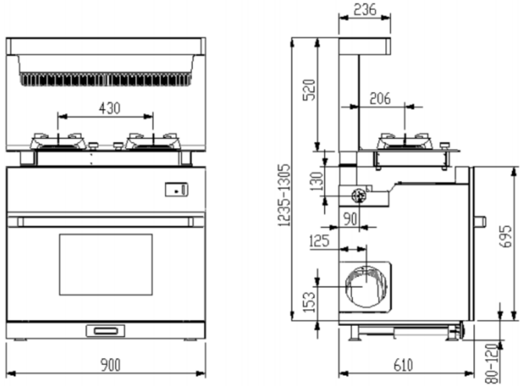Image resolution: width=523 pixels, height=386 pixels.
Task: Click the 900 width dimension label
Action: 111,365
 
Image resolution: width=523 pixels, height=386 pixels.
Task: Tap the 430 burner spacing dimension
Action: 109,108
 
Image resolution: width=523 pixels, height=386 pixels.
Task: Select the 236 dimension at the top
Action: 365,9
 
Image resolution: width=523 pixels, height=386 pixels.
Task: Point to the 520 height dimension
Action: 309,90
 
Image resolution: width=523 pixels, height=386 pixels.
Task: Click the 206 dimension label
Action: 380,98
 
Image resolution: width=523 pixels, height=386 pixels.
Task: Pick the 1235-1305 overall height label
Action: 284,195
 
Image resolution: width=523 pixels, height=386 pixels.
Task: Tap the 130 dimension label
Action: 316,181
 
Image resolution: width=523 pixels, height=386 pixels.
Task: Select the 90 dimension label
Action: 350,219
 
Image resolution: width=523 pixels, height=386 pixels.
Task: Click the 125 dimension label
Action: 319,241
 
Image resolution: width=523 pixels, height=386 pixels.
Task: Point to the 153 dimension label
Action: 309,302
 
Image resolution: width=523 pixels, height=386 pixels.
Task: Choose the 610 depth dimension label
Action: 403,365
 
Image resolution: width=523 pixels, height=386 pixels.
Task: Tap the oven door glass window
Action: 106,264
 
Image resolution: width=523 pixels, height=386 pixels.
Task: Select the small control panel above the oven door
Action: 176,190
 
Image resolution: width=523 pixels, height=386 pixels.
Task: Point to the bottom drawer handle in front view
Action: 105,331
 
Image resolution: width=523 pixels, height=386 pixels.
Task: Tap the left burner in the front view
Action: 57,141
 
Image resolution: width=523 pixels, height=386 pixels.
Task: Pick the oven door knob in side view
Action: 480,222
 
